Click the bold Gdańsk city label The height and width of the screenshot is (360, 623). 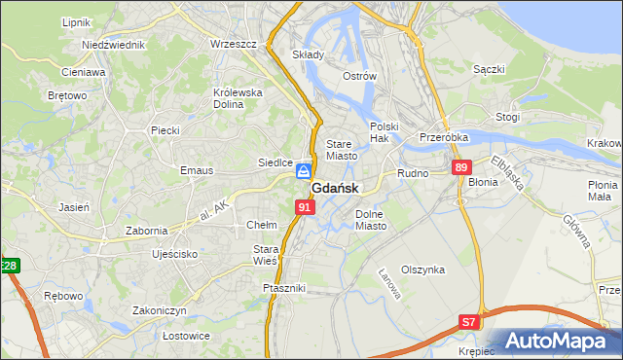335,188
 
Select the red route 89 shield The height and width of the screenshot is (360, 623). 461,167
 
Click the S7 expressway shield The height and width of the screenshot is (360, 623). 470,320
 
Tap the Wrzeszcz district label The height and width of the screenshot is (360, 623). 233,44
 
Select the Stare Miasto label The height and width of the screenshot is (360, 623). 342,149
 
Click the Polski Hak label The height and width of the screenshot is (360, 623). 385,132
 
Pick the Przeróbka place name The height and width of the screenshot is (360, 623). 444,137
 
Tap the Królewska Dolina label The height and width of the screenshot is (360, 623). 238,98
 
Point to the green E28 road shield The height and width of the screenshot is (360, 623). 8,266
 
